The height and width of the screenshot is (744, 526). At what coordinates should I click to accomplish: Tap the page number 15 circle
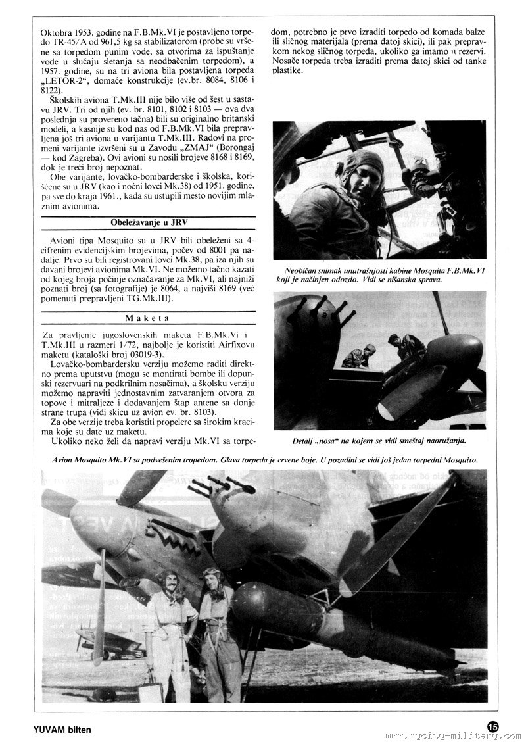click(x=494, y=726)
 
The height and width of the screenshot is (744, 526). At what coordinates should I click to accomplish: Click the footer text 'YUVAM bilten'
click(x=62, y=730)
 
